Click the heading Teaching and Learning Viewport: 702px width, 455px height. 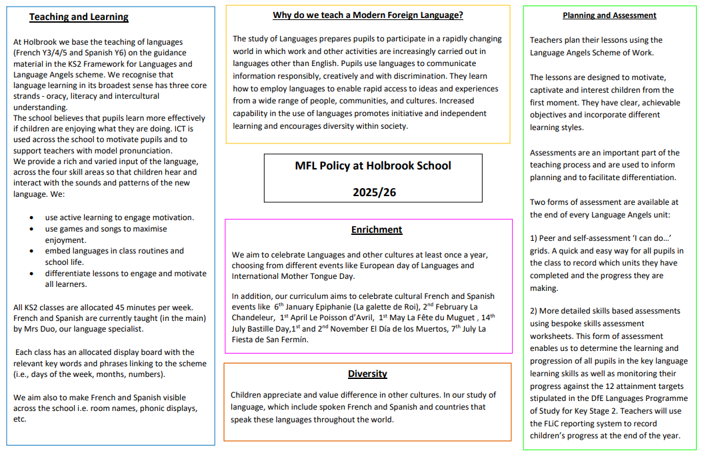[x=79, y=17]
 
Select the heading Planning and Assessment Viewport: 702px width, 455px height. [x=609, y=15]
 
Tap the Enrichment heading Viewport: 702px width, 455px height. [x=377, y=230]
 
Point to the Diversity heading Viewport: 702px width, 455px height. [x=367, y=374]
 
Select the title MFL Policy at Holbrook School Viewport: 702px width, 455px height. [x=373, y=165]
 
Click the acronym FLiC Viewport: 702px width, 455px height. [x=556, y=423]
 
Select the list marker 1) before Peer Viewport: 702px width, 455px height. [x=535, y=238]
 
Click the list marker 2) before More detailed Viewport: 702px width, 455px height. [x=535, y=310]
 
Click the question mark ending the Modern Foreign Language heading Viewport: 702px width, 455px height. [x=460, y=15]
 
